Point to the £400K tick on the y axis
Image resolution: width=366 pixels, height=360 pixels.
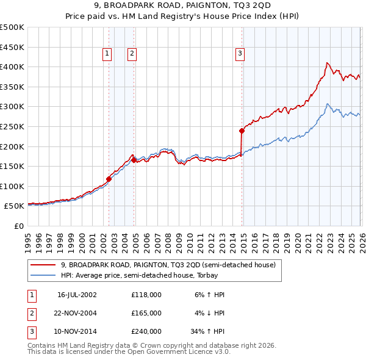pos(12,67)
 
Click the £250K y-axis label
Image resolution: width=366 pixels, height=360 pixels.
pos(12,126)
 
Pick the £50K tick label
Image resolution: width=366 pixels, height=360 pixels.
pos(15,206)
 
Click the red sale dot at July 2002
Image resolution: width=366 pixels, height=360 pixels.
pos(109,179)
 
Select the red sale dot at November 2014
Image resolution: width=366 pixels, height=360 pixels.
pos(242,130)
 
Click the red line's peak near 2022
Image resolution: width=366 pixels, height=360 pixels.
pos(328,63)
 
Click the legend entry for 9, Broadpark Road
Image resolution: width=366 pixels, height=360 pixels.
pos(168,265)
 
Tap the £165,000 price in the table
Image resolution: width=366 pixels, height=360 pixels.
pos(146,313)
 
